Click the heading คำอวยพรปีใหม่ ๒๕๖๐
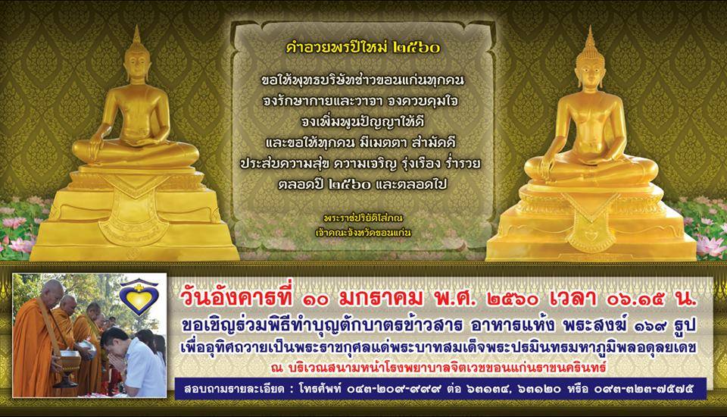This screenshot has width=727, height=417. click(363, 47)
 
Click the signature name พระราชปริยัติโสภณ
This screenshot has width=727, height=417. click(363, 218)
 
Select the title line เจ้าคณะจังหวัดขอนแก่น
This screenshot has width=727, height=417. click(363, 231)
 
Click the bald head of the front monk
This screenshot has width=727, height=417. click(52, 290)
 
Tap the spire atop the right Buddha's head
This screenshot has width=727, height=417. click(590, 37)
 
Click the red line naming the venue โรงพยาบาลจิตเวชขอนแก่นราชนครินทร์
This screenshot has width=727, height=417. click(439, 367)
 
